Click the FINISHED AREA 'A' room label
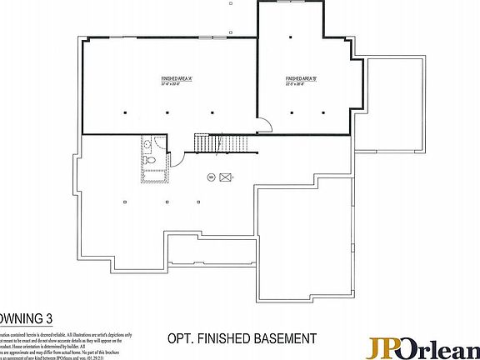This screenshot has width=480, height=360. [x=177, y=79]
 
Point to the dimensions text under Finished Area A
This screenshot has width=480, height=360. [x=177, y=84]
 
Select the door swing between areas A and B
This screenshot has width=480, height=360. [x=263, y=126]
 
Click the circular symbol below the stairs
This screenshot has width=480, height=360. [x=210, y=176]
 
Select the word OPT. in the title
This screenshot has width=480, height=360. [x=180, y=338]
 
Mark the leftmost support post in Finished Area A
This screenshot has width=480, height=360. [x=123, y=112]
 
